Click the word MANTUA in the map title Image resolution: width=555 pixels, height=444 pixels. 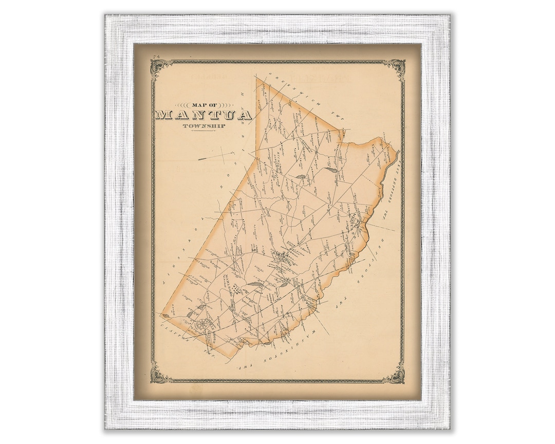click(x=203, y=114)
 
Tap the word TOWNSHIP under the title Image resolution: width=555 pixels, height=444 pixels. click(x=203, y=125)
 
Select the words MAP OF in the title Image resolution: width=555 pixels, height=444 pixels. click(x=203, y=103)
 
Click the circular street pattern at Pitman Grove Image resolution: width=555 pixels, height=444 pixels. click(x=203, y=325)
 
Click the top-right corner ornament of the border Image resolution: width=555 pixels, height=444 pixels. click(x=396, y=67)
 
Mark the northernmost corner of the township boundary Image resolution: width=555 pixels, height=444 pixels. click(x=256, y=78)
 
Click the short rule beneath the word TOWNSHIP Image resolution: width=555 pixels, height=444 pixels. click(x=203, y=132)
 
